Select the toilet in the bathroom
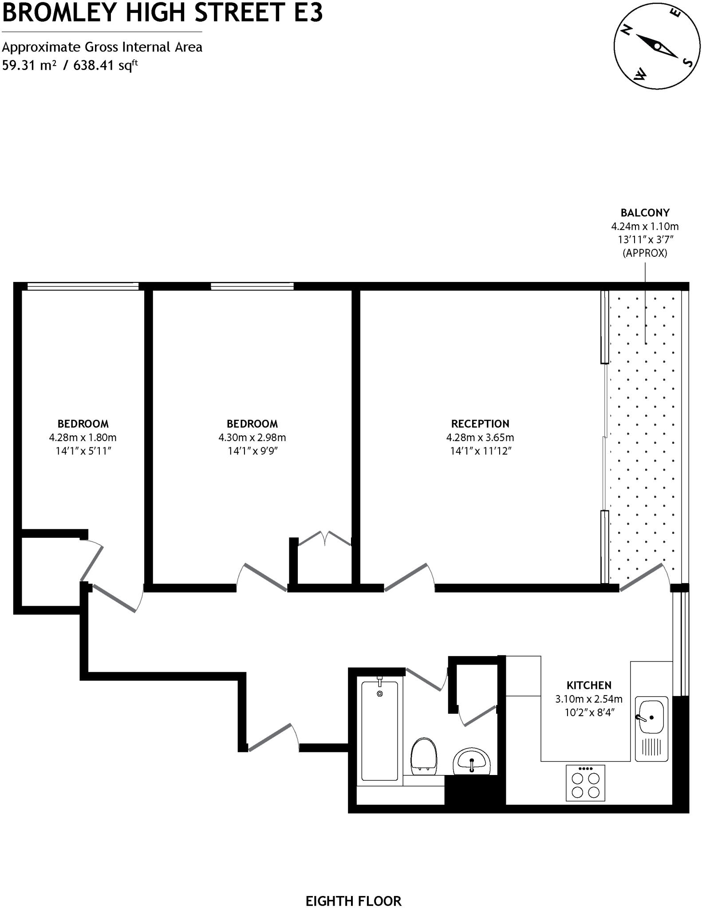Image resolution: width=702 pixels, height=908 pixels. tap(423, 755)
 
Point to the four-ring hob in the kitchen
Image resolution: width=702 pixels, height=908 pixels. tap(585, 783)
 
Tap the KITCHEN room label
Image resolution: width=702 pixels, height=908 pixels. tap(589, 685)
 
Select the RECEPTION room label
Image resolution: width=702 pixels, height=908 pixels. tap(480, 423)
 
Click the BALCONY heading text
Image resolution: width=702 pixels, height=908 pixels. tap(645, 212)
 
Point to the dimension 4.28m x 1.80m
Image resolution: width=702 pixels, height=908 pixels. tap(83, 438)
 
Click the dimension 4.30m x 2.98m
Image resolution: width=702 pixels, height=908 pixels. tap(252, 438)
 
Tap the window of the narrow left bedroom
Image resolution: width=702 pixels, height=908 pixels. tap(83, 286)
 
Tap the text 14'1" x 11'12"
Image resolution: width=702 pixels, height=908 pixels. tap(480, 451)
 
